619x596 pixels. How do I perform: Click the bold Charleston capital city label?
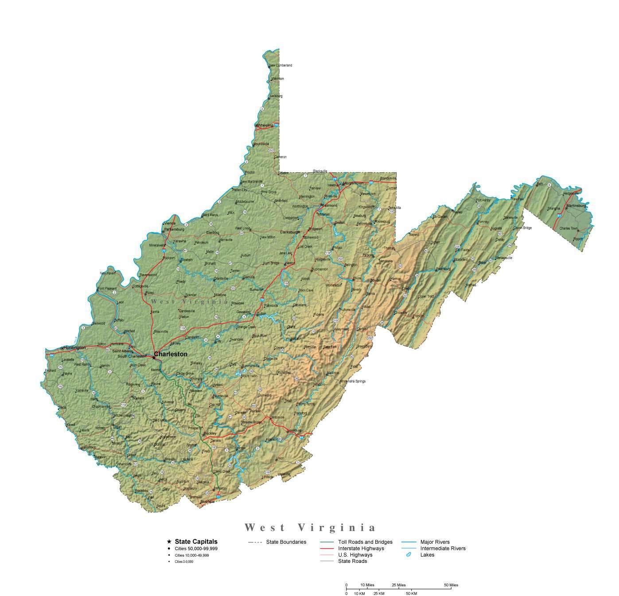[x=171, y=354]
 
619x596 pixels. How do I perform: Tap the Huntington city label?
[x=74, y=348]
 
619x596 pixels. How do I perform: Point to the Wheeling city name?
[x=265, y=125]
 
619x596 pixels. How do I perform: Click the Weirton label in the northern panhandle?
[x=277, y=79]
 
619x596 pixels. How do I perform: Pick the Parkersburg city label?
[x=174, y=229]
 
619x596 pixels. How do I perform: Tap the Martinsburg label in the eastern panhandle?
[x=576, y=205]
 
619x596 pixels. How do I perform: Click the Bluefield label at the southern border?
[x=207, y=502]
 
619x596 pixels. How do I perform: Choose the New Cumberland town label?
[x=281, y=65]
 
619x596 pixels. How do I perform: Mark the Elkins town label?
[x=357, y=278]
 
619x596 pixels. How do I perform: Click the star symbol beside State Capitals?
[x=169, y=542]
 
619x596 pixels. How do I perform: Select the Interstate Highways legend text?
[x=361, y=548]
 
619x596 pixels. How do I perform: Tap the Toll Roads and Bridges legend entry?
[x=365, y=542]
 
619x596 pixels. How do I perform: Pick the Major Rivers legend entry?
[x=435, y=542]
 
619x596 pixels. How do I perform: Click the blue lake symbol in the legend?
[x=408, y=555]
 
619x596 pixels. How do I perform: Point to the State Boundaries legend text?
[x=286, y=542]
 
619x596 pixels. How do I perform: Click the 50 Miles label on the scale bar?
[x=451, y=585]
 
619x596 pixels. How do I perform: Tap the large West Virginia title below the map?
[x=310, y=527]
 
